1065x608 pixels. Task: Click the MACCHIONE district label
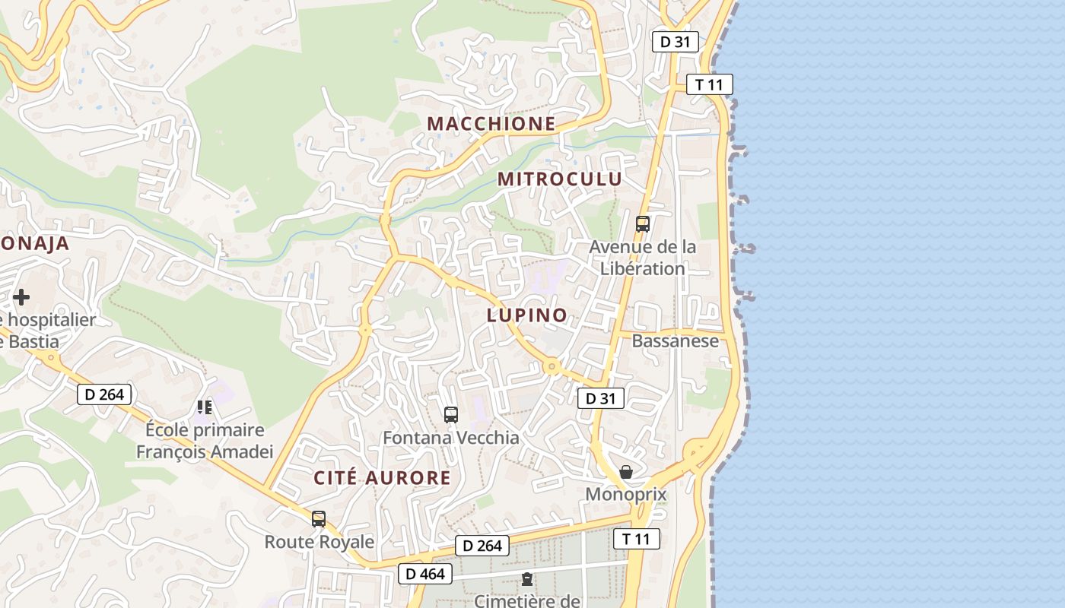(x=491, y=123)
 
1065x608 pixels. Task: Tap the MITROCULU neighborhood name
(x=560, y=179)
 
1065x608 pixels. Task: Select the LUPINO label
(x=527, y=315)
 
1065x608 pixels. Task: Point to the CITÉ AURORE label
(x=383, y=478)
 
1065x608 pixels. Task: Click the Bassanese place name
(x=675, y=340)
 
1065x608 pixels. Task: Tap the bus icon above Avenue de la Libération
(x=643, y=224)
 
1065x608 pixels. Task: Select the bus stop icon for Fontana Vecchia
(x=451, y=415)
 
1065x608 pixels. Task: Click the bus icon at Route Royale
(x=319, y=519)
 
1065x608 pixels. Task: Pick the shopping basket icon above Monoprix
(x=625, y=472)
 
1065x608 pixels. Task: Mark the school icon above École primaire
(x=204, y=408)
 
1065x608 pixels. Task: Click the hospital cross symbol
(x=21, y=296)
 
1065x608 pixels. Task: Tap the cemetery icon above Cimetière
(x=526, y=579)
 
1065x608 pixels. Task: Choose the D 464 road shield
(x=425, y=574)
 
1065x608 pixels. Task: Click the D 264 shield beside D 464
(x=482, y=546)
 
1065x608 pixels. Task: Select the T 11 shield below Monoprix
(x=636, y=539)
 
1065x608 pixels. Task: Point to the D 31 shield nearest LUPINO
(x=601, y=397)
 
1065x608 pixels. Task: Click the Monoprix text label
(x=625, y=495)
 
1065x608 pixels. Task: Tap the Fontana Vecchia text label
(x=451, y=438)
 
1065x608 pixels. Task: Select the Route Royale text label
(x=319, y=542)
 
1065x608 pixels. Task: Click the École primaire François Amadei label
(x=205, y=441)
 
